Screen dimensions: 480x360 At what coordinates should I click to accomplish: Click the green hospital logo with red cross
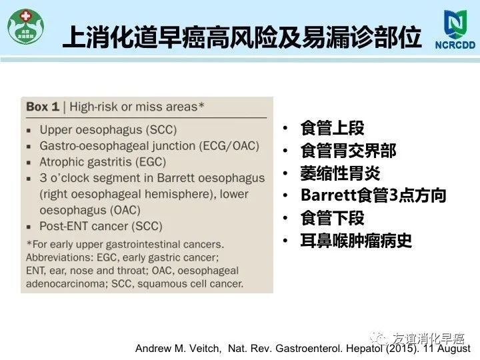coord(26,27)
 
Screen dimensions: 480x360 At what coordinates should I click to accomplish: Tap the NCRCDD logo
coord(455,29)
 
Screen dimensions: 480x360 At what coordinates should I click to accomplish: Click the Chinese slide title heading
coord(242,37)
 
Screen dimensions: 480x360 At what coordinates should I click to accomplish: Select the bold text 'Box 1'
coord(43,107)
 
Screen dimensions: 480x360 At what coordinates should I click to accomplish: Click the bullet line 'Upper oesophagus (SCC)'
coord(108,130)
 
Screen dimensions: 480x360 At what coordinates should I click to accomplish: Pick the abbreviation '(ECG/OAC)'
coord(229,146)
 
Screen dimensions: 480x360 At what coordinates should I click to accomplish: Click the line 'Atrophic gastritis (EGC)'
coord(103,162)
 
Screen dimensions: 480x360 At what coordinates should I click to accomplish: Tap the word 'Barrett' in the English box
coord(177,178)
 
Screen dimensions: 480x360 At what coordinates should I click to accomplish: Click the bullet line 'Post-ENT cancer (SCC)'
coord(101,226)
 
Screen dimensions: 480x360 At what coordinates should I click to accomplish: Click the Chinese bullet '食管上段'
coord(332,128)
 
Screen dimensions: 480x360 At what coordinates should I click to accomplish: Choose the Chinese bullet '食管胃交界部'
coord(349,151)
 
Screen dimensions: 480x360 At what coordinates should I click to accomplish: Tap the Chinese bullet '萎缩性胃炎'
coord(340,173)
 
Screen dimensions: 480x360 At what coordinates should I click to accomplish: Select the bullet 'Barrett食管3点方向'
coord(373,195)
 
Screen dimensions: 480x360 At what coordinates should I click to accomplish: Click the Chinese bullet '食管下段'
coord(332,218)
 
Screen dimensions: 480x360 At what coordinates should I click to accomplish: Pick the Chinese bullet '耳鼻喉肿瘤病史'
coord(356,241)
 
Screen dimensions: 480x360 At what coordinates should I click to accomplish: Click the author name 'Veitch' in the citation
coord(205,349)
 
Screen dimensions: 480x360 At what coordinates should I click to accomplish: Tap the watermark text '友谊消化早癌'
coord(429,339)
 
